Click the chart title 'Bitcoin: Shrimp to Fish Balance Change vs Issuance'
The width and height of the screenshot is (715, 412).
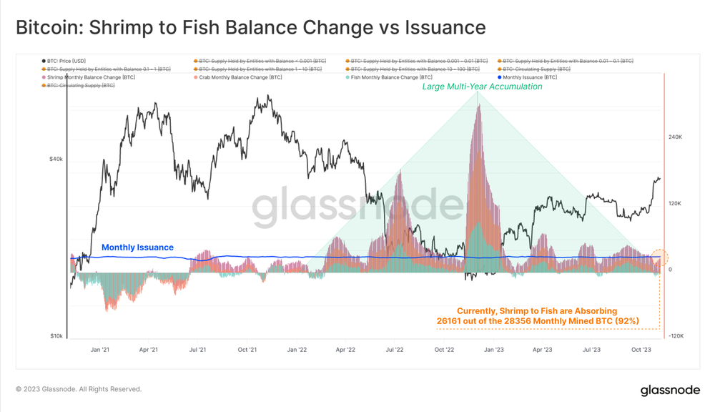click(250, 27)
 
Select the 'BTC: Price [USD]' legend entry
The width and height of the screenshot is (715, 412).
click(66, 62)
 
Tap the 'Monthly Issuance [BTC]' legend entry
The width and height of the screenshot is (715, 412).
click(529, 77)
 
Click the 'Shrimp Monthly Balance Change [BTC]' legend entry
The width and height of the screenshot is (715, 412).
click(91, 77)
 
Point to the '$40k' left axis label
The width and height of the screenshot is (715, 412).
click(55, 160)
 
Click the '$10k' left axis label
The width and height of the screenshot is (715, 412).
click(55, 336)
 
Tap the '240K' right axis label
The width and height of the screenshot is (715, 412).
click(675, 137)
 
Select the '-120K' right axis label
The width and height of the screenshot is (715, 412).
click(675, 336)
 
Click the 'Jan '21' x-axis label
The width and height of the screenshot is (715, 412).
click(100, 350)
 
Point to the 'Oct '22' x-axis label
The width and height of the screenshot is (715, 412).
click(444, 350)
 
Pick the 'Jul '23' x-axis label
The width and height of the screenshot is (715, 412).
click(591, 350)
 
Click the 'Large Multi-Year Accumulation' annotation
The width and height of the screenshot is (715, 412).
click(482, 87)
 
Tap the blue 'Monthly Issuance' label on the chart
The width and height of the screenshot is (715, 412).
click(137, 247)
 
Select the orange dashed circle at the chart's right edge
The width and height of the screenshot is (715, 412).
click(661, 258)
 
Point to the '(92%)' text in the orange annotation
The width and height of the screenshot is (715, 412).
click(625, 321)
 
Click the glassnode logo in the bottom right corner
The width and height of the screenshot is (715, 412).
click(670, 390)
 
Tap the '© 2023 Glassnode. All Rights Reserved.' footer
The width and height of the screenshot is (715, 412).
click(79, 389)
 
